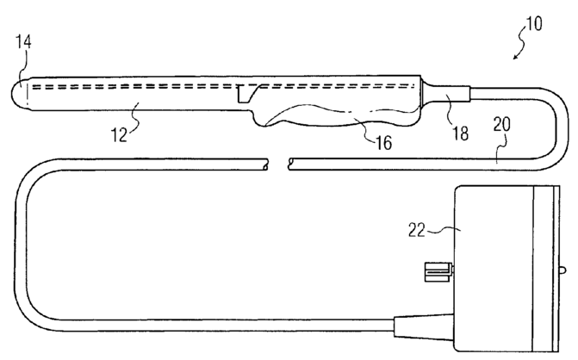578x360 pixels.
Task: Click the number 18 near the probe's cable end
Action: pyautogui.click(x=460, y=133)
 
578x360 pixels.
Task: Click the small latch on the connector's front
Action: pyautogui.click(x=438, y=275)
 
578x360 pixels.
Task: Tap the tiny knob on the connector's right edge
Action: pyautogui.click(x=564, y=270)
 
